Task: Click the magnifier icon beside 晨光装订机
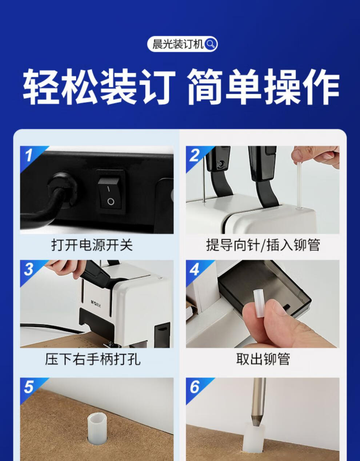[211, 44]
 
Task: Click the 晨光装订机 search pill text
[177, 44]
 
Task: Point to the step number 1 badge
[29, 155]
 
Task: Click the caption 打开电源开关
[92, 245]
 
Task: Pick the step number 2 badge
[195, 155]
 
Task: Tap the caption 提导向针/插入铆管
[263, 245]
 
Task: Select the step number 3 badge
[29, 270]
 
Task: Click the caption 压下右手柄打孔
[93, 359]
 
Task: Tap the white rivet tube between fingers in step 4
[259, 298]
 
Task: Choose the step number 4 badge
[195, 270]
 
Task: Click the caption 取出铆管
[263, 359]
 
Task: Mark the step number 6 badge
[195, 387]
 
